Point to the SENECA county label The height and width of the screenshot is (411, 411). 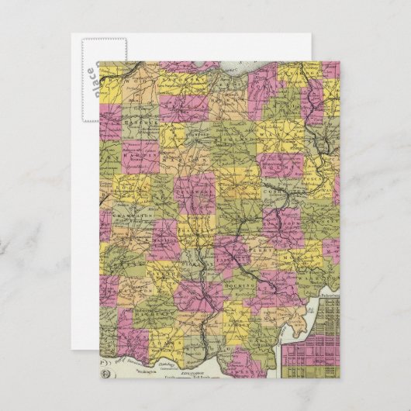tap(180, 101)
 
